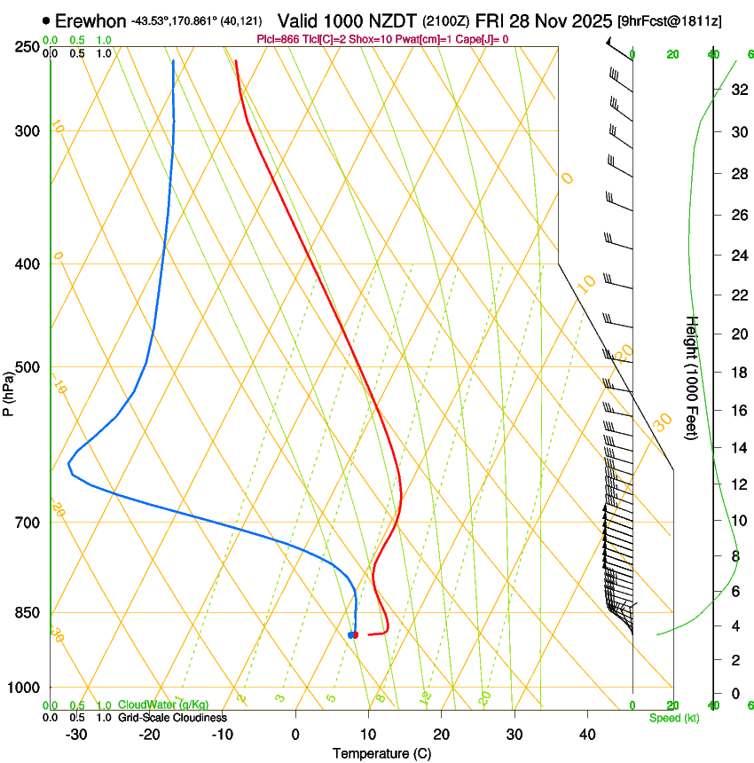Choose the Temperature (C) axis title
point(381,753)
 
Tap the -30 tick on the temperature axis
point(76,734)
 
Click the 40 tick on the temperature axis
point(587,734)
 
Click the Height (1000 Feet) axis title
point(692,377)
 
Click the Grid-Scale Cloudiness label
point(172,717)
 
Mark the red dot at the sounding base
point(355,634)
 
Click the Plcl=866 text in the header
point(279,40)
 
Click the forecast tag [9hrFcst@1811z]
point(669,20)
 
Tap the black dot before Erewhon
point(46,20)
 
